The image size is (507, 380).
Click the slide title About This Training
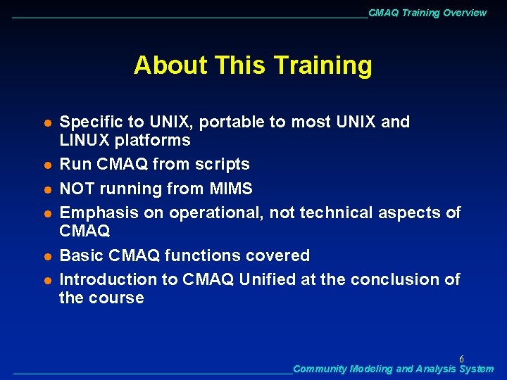(x=253, y=65)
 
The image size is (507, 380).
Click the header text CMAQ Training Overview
(x=427, y=13)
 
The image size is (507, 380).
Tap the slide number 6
(x=461, y=358)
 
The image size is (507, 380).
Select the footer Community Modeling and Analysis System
(x=393, y=369)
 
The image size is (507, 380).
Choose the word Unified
(x=268, y=279)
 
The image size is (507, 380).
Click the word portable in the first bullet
(x=232, y=122)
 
